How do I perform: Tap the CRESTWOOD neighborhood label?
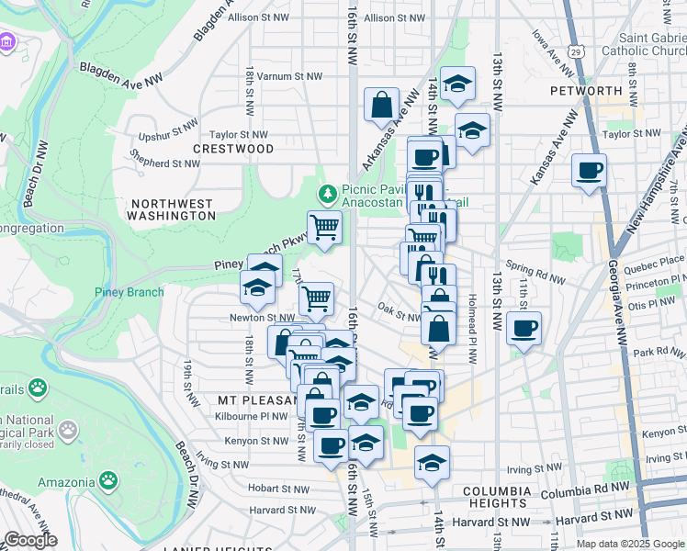[x=233, y=149]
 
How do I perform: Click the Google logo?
[x=29, y=540]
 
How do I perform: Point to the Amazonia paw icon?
[x=108, y=480]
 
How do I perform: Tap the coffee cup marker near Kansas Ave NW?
[x=589, y=171]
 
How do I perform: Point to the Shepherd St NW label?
[x=165, y=163]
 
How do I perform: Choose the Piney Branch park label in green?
[x=129, y=293]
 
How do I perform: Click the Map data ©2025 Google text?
[x=630, y=544]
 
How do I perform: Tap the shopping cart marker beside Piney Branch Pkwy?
[x=323, y=228]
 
